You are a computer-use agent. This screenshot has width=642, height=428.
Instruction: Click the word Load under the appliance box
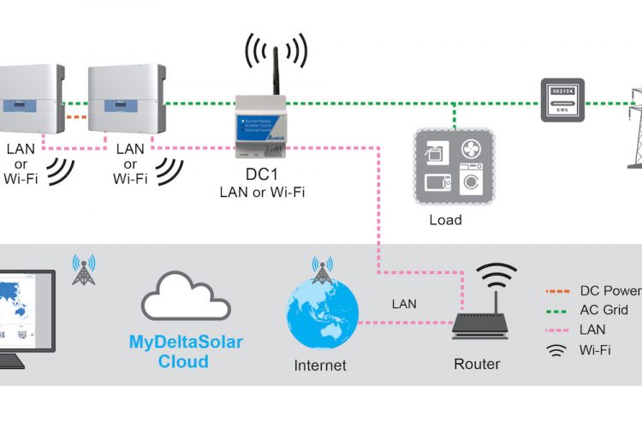445,220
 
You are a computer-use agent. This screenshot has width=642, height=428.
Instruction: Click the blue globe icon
320,317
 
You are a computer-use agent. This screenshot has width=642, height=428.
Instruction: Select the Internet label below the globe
320,366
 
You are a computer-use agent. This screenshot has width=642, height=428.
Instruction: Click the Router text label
478,364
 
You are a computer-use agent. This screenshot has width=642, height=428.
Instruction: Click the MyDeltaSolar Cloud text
186,352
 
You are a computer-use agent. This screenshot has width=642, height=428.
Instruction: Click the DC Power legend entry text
610,291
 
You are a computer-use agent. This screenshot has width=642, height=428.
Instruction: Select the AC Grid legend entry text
604,310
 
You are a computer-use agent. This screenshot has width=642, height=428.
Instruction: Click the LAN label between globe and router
405,303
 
